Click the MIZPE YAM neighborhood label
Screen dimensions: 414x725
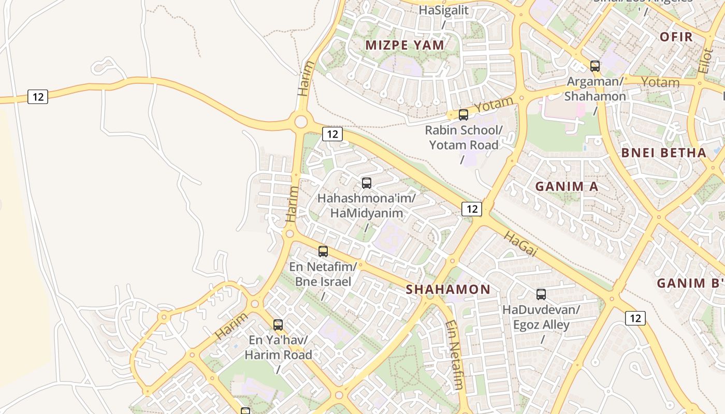(x=404, y=45)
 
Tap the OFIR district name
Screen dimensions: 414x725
(x=676, y=37)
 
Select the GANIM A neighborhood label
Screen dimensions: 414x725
(x=567, y=186)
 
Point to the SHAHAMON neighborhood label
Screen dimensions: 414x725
(x=448, y=289)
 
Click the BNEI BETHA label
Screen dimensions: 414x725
(x=663, y=153)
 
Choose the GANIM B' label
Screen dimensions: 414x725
(x=689, y=283)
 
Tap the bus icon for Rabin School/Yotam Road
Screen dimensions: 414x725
(x=463, y=115)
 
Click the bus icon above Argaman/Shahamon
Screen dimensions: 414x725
(x=595, y=66)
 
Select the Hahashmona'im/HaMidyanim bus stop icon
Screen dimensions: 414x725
(x=367, y=183)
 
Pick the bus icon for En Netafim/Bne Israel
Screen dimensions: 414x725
(x=323, y=252)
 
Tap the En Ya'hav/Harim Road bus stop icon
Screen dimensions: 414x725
(x=278, y=325)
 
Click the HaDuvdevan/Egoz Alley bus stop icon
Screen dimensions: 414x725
(x=541, y=294)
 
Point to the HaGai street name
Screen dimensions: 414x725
(x=520, y=244)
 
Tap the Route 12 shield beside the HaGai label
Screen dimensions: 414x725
(x=471, y=209)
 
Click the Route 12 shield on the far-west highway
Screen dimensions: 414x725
(x=38, y=97)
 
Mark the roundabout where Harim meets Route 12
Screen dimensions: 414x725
(x=300, y=122)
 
